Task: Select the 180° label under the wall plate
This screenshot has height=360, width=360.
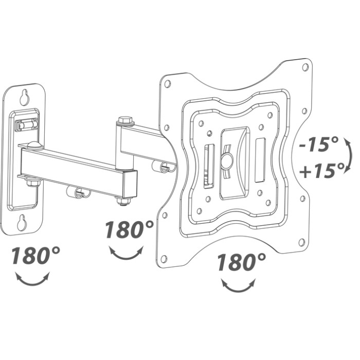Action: click(x=35, y=256)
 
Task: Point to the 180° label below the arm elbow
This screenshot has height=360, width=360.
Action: click(x=130, y=229)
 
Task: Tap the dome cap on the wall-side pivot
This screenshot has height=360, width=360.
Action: click(x=33, y=145)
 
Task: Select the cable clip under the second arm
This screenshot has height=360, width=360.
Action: click(x=163, y=167)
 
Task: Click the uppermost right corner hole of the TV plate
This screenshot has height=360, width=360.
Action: click(x=305, y=67)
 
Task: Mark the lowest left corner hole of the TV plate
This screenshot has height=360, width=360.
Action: click(x=164, y=258)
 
